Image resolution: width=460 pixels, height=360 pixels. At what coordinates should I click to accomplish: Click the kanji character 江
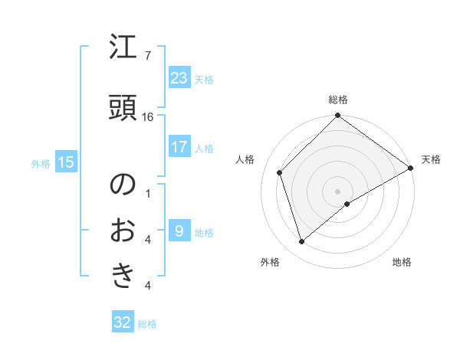tap(123, 50)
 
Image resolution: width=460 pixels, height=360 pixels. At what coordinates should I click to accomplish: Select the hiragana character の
tap(123, 186)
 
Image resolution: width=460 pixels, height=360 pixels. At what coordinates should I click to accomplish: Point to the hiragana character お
tap(123, 230)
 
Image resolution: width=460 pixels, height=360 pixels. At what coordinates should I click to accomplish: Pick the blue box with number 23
tap(179, 78)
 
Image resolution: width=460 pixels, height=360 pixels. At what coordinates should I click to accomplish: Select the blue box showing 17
tap(179, 147)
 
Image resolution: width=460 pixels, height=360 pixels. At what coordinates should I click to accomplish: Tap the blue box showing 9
tap(179, 231)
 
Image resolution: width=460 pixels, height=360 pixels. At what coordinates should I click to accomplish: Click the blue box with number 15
tap(66, 162)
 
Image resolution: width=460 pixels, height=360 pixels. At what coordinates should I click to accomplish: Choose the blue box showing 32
tap(123, 322)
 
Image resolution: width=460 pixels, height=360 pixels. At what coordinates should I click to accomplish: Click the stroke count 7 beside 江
tap(147, 56)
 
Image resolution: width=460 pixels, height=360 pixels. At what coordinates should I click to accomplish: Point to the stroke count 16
tap(148, 117)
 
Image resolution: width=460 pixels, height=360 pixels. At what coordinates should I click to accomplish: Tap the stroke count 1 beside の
tap(148, 193)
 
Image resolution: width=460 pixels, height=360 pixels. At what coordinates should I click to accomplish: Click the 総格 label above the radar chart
tap(338, 100)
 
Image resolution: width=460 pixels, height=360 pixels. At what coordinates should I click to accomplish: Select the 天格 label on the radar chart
tap(431, 159)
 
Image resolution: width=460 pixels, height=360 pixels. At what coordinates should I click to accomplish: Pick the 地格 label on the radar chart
tap(402, 262)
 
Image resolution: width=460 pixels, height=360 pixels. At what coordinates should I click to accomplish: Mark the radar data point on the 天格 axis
tap(411, 168)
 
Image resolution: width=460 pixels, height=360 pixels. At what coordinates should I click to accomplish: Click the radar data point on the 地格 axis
tap(347, 204)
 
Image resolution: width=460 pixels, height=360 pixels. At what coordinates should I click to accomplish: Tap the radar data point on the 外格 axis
tap(301, 242)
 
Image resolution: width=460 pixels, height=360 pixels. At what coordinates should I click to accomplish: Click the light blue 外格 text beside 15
tap(41, 162)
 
